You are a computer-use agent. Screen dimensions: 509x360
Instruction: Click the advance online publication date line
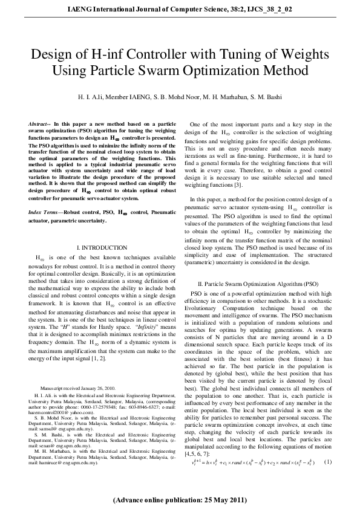[x=180, y=501]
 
